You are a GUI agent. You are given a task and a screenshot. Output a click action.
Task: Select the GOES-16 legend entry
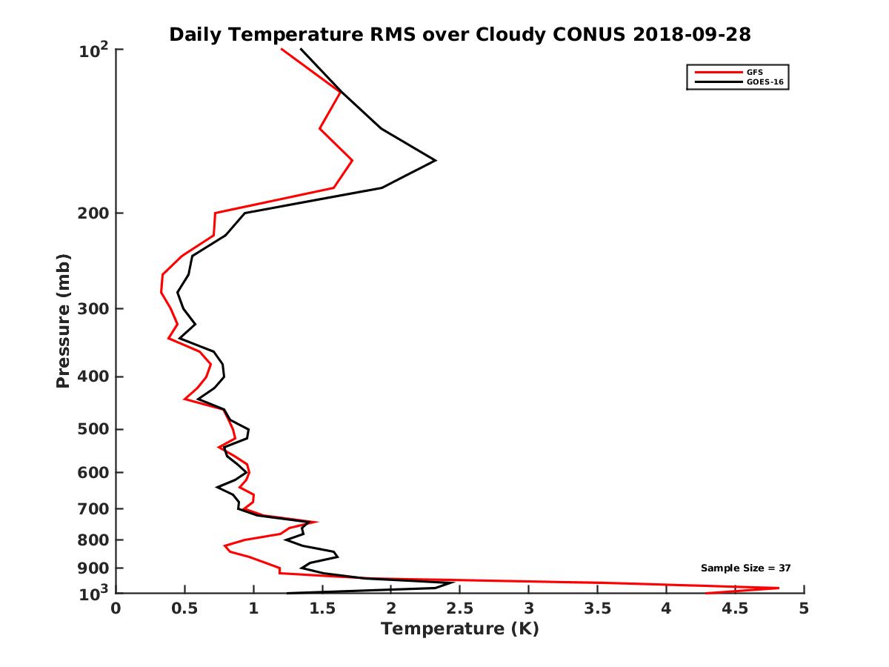click(763, 82)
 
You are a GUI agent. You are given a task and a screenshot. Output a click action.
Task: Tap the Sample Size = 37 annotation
click(746, 568)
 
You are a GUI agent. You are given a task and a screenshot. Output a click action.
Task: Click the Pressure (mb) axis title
click(63, 320)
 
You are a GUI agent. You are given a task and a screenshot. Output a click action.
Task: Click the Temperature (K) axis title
click(459, 629)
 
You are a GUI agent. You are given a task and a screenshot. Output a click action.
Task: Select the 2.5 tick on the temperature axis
click(459, 609)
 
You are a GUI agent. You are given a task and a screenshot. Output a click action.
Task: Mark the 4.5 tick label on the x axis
click(735, 609)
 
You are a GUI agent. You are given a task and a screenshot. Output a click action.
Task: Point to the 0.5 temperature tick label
click(184, 609)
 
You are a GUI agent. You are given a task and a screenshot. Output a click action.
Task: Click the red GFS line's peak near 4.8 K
click(778, 588)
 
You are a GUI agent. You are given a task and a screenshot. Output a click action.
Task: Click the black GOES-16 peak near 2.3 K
click(435, 160)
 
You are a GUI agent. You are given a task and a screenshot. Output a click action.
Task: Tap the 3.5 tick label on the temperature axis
click(597, 609)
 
